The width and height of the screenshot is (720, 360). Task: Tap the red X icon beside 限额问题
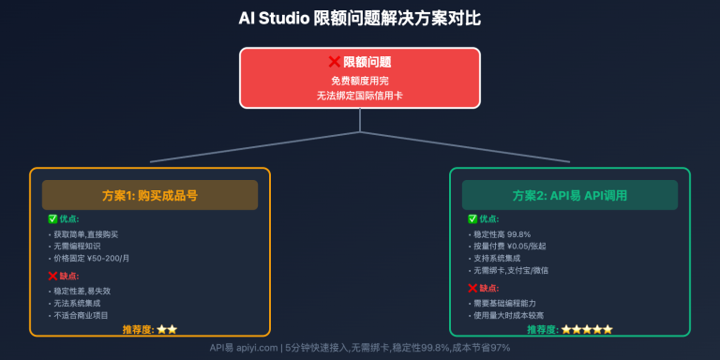tap(334, 62)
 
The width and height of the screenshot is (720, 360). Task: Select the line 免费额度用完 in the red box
tap(360, 81)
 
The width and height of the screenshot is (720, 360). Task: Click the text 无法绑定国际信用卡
tap(360, 96)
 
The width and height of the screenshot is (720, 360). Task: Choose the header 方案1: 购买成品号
tap(150, 195)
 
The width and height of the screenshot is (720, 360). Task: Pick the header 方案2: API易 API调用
tap(570, 195)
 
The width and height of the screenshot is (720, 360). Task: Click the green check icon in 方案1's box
tap(53, 218)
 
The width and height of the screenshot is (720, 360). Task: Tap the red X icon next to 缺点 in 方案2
tap(472, 287)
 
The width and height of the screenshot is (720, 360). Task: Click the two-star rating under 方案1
tap(167, 329)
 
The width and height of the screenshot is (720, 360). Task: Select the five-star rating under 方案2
tap(587, 329)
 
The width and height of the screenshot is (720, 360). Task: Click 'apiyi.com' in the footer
tap(258, 347)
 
